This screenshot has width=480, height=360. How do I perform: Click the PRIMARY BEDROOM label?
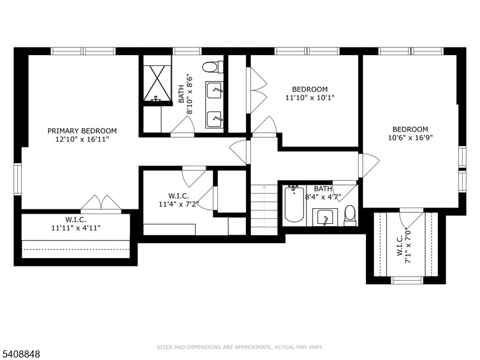pos(82,131)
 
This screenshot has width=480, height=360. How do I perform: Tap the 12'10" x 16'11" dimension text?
pos(82,139)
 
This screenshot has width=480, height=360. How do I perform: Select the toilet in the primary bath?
pos(213,67)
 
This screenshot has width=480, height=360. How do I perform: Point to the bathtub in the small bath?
pos(294,203)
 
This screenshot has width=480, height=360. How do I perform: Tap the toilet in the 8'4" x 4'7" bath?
pos(350,215)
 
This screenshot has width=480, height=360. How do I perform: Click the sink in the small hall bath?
pos(325,217)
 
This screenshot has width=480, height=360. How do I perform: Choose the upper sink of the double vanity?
pos(214,91)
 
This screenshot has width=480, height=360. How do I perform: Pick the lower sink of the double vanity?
pos(214,119)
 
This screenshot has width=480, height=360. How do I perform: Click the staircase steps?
pos(264,210)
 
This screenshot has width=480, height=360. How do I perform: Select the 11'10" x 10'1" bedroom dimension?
pos(310,98)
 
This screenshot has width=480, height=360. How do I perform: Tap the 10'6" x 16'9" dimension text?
pos(410,137)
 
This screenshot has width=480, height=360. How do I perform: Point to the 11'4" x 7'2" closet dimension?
pos(178,203)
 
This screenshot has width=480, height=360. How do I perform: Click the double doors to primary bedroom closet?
pos(101,203)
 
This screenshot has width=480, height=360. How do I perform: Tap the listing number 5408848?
pos(20,354)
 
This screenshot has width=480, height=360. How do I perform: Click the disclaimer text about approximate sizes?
pos(239,347)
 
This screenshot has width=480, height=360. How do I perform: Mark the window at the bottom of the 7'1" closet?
pos(408,280)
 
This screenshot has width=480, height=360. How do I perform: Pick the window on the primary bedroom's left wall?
pos(17,179)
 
